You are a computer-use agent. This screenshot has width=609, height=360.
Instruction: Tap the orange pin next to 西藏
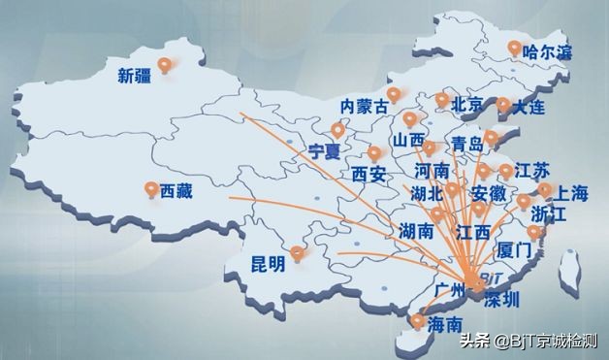(x=150, y=189)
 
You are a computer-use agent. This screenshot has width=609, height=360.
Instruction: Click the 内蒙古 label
(x=364, y=105)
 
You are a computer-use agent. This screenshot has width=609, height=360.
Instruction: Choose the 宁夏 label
(x=326, y=151)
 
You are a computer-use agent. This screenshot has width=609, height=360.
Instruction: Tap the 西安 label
(x=369, y=175)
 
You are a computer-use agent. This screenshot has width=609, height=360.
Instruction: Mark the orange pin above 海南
(x=417, y=321)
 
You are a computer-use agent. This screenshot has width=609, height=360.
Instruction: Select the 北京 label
(x=468, y=104)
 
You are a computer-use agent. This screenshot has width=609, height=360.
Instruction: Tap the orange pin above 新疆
(x=165, y=65)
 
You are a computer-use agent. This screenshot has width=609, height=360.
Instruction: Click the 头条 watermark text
(x=474, y=342)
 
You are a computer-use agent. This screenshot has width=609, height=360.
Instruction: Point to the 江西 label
(x=472, y=233)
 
